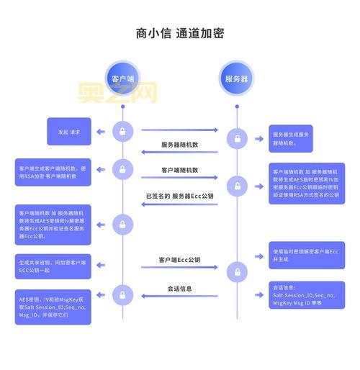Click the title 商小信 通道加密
[x=179, y=33]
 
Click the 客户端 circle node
[x=122, y=78]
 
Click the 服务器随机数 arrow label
[x=180, y=144]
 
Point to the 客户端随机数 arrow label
[x=180, y=170]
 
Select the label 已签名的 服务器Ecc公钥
[x=180, y=195]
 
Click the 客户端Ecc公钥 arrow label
[x=180, y=259]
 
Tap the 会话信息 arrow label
[x=180, y=289]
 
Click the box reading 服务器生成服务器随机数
[x=291, y=138]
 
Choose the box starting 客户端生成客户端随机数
[x=53, y=172]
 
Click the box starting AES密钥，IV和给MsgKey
[x=53, y=307]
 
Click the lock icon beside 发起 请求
[x=122, y=132]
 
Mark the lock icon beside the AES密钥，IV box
[x=122, y=294]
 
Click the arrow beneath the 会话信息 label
[x=179, y=296]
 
